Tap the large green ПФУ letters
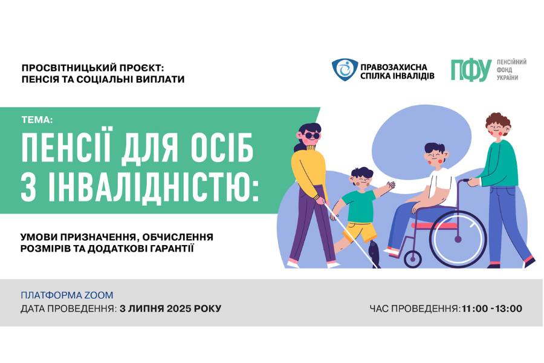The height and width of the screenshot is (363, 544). click(x=471, y=70)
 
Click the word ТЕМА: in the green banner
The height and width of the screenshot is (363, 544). click(x=37, y=120)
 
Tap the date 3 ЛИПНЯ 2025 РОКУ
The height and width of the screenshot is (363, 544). click(x=170, y=309)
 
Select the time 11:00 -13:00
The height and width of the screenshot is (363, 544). click(x=491, y=309)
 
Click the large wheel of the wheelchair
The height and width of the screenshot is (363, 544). click(x=458, y=238)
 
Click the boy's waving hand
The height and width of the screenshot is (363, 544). click(x=390, y=185)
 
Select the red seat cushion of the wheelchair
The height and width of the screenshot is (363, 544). click(x=435, y=226)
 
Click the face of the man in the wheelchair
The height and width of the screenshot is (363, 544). click(x=435, y=155)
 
